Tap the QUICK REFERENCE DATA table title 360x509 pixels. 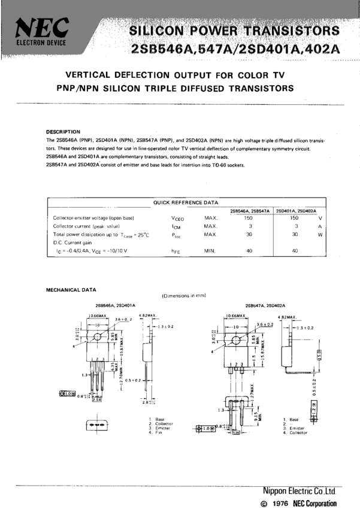tap(186, 202)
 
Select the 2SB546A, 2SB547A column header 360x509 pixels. tap(250, 211)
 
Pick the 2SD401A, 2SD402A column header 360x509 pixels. tap(297, 211)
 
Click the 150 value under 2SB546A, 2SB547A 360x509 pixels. tap(249, 219)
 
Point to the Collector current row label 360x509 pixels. tap(87, 227)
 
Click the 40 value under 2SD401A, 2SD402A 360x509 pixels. tap(295, 251)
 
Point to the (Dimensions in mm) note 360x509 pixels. tap(184, 296)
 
